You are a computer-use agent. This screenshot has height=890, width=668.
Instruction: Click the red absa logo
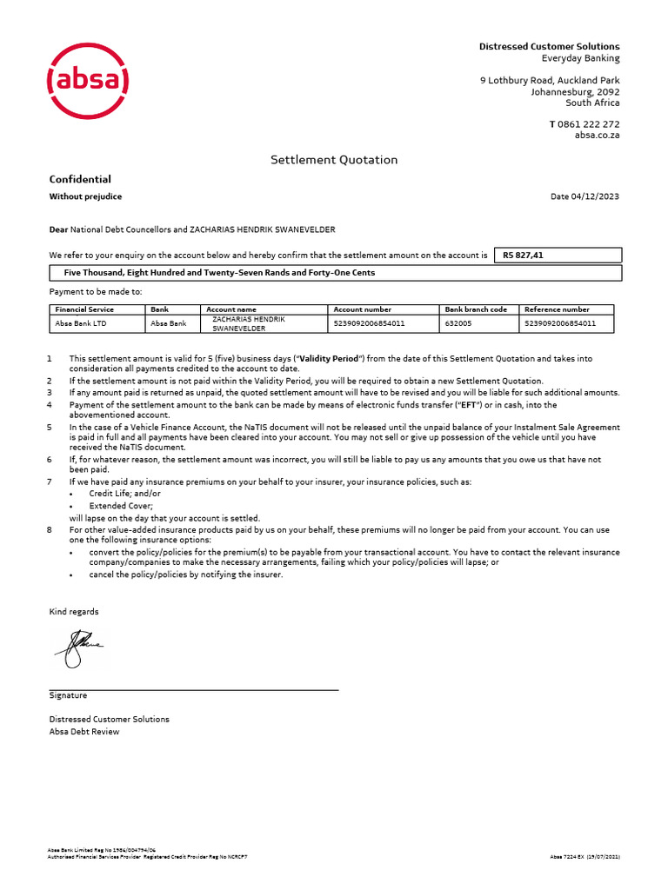[87, 83]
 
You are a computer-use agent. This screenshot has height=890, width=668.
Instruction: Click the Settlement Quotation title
[334, 160]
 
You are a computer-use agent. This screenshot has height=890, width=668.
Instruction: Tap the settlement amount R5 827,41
[523, 256]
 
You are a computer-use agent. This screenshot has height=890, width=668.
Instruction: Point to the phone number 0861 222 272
[589, 124]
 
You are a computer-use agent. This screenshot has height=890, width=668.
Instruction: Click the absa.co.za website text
[597, 135]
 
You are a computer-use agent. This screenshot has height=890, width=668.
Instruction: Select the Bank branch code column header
[476, 309]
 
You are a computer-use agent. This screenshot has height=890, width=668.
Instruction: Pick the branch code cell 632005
[458, 323]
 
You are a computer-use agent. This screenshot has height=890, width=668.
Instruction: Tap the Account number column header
[363, 309]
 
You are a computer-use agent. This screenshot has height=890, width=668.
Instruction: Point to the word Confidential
[80, 179]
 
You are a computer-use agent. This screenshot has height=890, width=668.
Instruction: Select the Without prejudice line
[85, 196]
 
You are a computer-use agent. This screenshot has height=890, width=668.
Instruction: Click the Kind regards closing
[74, 612]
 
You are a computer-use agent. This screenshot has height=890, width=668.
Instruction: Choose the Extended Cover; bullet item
[121, 505]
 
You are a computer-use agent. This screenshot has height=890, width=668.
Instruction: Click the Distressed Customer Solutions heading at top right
[550, 46]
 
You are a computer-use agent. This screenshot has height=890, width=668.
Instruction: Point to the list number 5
[50, 428]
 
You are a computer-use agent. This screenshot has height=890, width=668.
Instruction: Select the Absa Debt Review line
[84, 731]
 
